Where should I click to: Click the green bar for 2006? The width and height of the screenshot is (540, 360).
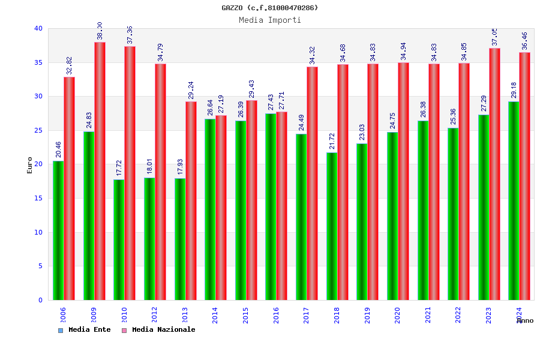point(58,230)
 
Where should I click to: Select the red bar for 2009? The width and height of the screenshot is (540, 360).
point(100,171)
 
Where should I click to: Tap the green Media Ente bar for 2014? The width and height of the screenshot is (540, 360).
point(210,209)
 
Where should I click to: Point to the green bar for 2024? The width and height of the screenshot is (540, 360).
point(514,200)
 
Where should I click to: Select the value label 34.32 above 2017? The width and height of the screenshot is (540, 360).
point(313,55)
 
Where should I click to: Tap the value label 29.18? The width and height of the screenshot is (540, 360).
point(514,90)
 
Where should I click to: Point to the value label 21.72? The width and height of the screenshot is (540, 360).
point(332,141)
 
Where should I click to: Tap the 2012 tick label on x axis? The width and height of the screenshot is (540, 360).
point(155,315)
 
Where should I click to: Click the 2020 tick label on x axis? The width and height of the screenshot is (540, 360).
point(398,315)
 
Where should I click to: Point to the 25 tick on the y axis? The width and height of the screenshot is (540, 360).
point(38,130)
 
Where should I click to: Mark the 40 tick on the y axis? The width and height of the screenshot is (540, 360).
point(38,28)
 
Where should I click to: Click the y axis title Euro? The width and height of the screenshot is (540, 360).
point(30,165)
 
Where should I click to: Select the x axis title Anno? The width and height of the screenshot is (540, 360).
point(525,321)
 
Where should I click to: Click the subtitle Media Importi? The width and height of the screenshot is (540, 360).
point(270,20)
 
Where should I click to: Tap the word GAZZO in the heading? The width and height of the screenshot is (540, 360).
point(232,8)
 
